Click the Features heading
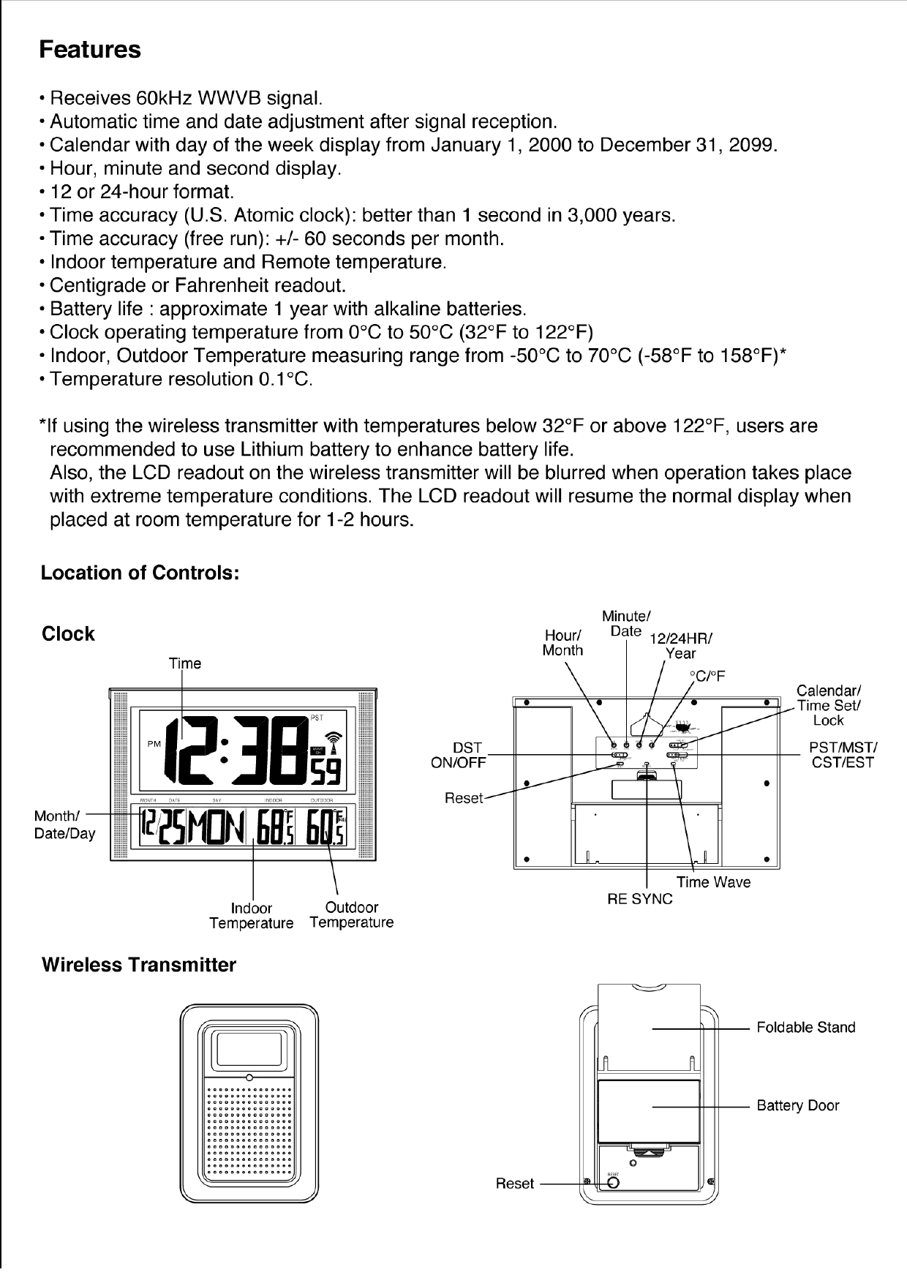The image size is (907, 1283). click(x=89, y=50)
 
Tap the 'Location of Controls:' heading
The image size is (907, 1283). click(x=140, y=573)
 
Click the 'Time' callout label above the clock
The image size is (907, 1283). click(x=184, y=663)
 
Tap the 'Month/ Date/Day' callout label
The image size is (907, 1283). click(x=64, y=824)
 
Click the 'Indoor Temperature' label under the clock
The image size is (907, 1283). click(x=251, y=916)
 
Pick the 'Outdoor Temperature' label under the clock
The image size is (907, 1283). click(x=351, y=915)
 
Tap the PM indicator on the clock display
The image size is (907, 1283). click(x=154, y=744)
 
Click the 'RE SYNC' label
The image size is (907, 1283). click(x=639, y=899)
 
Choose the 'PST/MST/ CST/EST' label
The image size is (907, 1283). click(x=843, y=755)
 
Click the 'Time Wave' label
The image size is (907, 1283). click(x=713, y=882)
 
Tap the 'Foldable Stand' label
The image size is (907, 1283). click(x=805, y=1028)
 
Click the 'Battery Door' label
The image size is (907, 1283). click(x=797, y=1106)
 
